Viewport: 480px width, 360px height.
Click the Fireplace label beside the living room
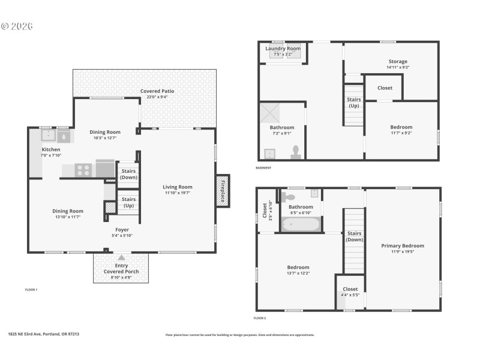click(x=222, y=191)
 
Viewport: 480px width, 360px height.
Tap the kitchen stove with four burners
click(x=83, y=170)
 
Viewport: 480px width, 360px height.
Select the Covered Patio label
click(x=158, y=91)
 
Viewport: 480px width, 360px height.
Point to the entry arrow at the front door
click(x=121, y=257)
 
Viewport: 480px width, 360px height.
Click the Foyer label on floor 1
click(x=122, y=230)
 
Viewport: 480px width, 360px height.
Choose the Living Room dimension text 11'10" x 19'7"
click(x=177, y=193)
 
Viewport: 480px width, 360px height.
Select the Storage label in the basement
click(x=397, y=61)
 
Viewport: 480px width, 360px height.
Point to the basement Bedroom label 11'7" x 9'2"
click(x=401, y=127)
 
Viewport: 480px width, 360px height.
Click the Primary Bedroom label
click(x=402, y=245)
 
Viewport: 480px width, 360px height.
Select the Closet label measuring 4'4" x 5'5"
click(x=350, y=289)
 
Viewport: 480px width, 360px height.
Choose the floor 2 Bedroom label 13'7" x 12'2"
click(x=298, y=268)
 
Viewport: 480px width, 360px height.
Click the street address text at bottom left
click(x=43, y=334)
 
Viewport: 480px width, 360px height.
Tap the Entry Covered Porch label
click(x=121, y=269)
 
